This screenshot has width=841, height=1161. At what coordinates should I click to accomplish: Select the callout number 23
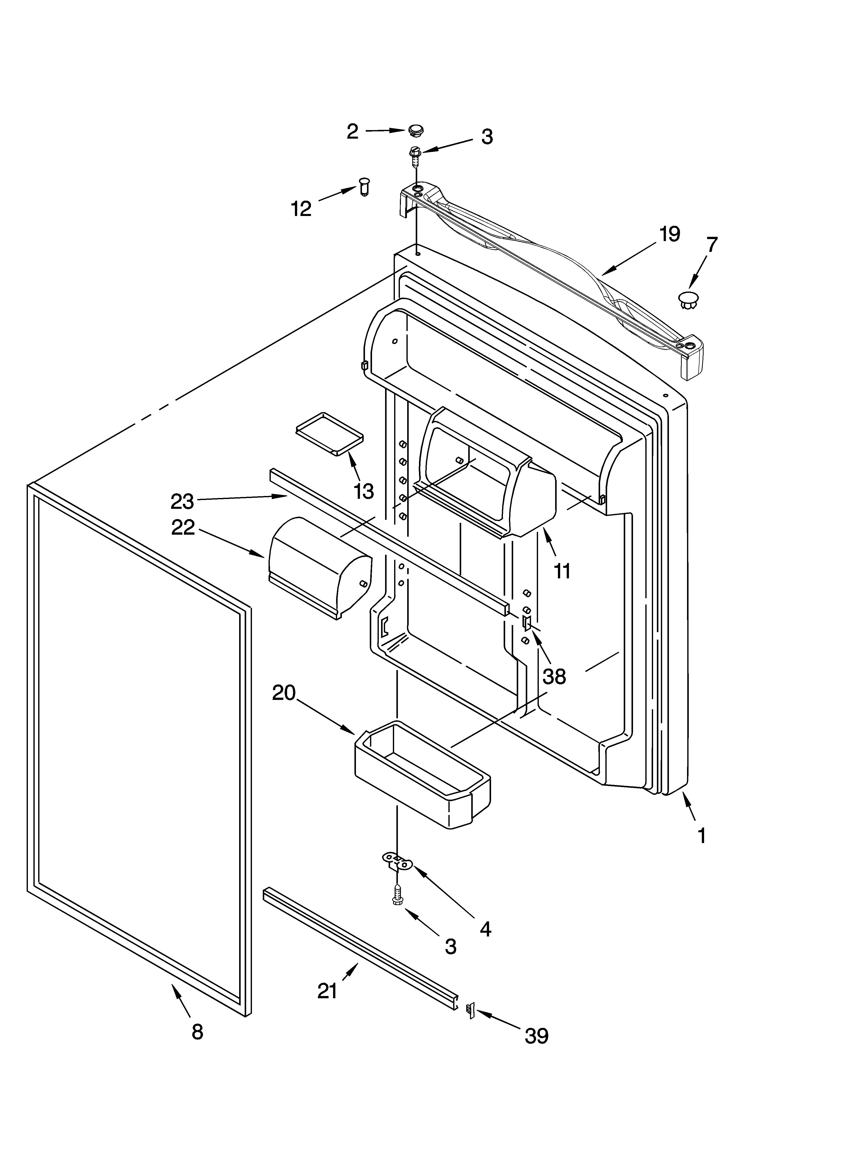[182, 502]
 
